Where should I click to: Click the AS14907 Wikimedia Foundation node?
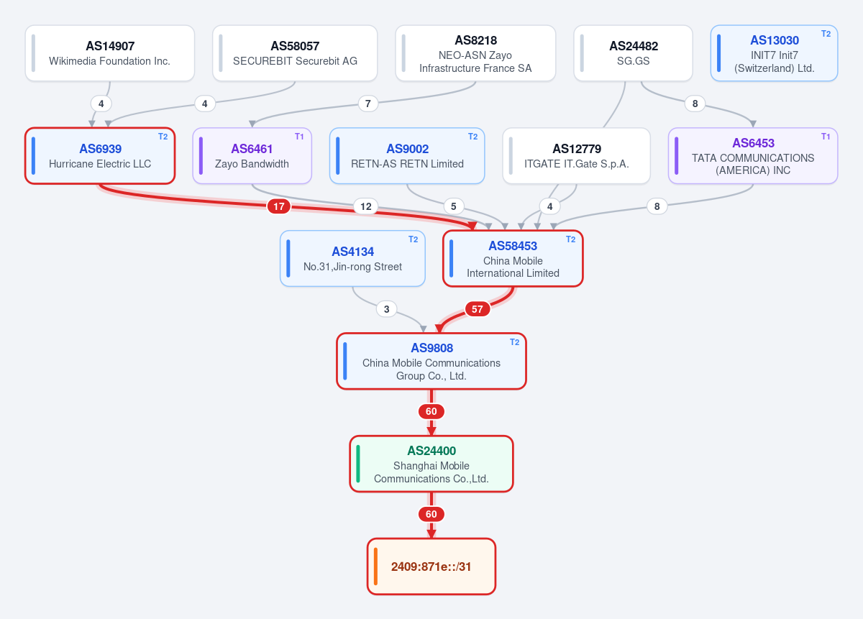[110, 53]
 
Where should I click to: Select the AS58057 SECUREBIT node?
[295, 53]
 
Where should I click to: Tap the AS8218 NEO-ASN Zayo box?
[475, 53]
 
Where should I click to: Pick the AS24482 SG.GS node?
[633, 53]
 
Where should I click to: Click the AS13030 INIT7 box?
[774, 53]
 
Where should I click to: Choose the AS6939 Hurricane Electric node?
[100, 156]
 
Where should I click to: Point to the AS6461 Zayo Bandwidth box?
[252, 156]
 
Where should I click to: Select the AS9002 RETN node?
[407, 156]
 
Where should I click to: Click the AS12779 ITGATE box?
[576, 156]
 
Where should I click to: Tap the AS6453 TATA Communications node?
[753, 156]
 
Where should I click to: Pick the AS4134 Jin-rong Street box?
[352, 259]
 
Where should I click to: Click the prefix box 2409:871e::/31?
[431, 567]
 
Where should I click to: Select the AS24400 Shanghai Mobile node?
[431, 464]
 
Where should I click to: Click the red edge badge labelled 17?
[279, 206]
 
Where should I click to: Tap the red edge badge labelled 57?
[478, 309]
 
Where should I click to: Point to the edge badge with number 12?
[366, 206]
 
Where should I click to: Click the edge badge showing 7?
[368, 104]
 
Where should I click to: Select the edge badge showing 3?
[387, 309]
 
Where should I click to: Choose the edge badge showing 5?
[454, 206]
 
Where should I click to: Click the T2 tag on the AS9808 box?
[515, 342]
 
